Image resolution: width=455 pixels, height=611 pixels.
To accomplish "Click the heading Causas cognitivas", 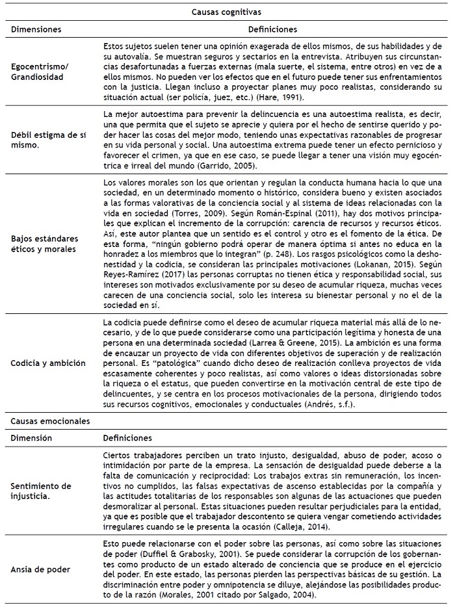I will tap(227, 11).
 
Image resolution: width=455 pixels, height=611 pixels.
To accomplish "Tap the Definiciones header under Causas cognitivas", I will tap(273, 29).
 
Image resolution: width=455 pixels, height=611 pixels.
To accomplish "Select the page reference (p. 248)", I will tap(361, 266).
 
